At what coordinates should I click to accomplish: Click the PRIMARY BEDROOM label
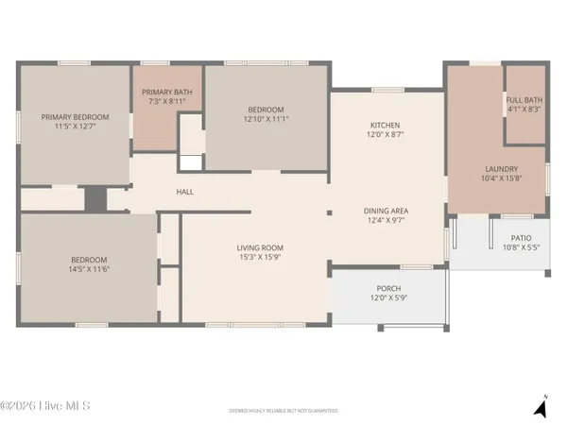pos(75,117)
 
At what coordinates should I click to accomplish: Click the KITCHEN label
pos(385,126)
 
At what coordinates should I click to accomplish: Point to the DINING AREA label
pos(386,211)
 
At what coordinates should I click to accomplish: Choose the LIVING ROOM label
pos(260,247)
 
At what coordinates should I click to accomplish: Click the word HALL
pos(185,192)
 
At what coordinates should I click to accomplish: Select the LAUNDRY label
pos(496,169)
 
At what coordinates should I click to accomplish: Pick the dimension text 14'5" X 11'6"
pos(88,270)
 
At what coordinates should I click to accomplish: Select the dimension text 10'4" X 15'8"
pos(496,178)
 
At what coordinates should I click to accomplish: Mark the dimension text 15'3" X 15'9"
pos(260,257)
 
